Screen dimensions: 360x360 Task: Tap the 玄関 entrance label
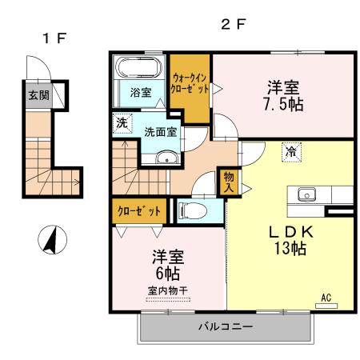click(38, 95)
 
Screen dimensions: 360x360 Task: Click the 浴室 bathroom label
click(142, 92)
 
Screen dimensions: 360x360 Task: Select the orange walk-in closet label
click(190, 83)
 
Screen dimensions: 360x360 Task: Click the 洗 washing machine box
click(121, 124)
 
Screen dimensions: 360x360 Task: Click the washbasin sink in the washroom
click(166, 157)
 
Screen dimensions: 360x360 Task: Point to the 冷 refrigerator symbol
click(291, 151)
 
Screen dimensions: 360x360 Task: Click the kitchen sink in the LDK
click(308, 194)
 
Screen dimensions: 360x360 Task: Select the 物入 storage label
click(228, 183)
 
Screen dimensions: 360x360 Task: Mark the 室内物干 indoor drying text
click(168, 290)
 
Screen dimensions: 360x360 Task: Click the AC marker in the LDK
click(326, 298)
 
